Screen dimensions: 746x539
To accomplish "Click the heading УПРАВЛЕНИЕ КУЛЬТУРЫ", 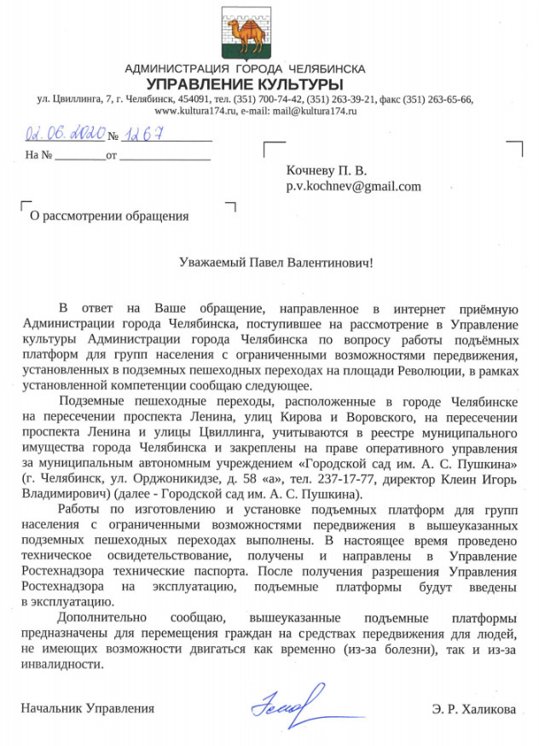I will pos(245,84).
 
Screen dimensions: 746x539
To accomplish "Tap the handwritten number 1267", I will pos(141,135).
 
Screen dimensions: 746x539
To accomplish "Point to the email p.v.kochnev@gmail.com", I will pos(352,186).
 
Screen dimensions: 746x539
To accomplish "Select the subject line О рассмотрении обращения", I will pos(109,216).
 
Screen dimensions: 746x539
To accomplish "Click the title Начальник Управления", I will pos(89,708).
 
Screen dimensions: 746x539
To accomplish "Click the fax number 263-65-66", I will pos(449,99).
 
